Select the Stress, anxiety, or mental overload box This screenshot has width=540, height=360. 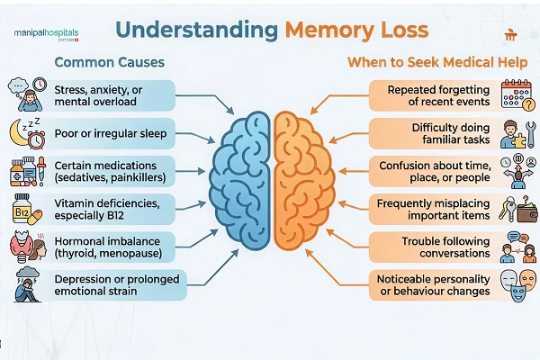pos(112,96)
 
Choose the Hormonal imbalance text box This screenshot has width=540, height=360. pos(112,248)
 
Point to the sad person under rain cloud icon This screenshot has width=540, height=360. pos(24,285)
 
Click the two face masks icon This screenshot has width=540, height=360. pos(514,285)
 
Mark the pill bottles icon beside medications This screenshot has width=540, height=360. pos(24,172)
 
